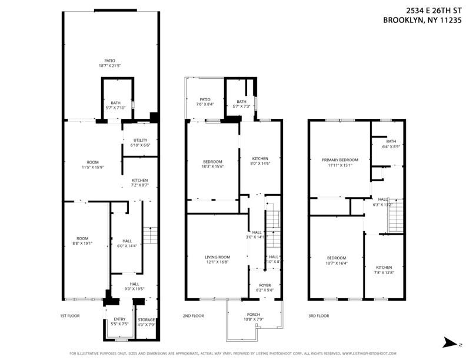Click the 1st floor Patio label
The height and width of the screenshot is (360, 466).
coord(109,63)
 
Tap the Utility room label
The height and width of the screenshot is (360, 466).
coord(140,142)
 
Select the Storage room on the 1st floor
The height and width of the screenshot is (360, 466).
coord(147,322)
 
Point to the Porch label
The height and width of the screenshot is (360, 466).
coord(254,316)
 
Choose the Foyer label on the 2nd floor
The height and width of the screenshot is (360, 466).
coord(265,288)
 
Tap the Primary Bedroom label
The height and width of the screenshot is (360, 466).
coord(341,162)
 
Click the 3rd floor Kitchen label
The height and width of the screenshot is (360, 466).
coord(384,270)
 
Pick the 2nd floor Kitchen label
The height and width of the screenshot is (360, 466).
coord(260,161)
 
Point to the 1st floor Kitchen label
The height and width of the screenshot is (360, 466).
coord(139,182)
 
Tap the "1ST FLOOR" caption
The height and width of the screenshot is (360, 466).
coord(70,316)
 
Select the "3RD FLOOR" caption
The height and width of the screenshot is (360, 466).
coord(318,316)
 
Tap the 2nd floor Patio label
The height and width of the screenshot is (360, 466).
coord(205,102)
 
